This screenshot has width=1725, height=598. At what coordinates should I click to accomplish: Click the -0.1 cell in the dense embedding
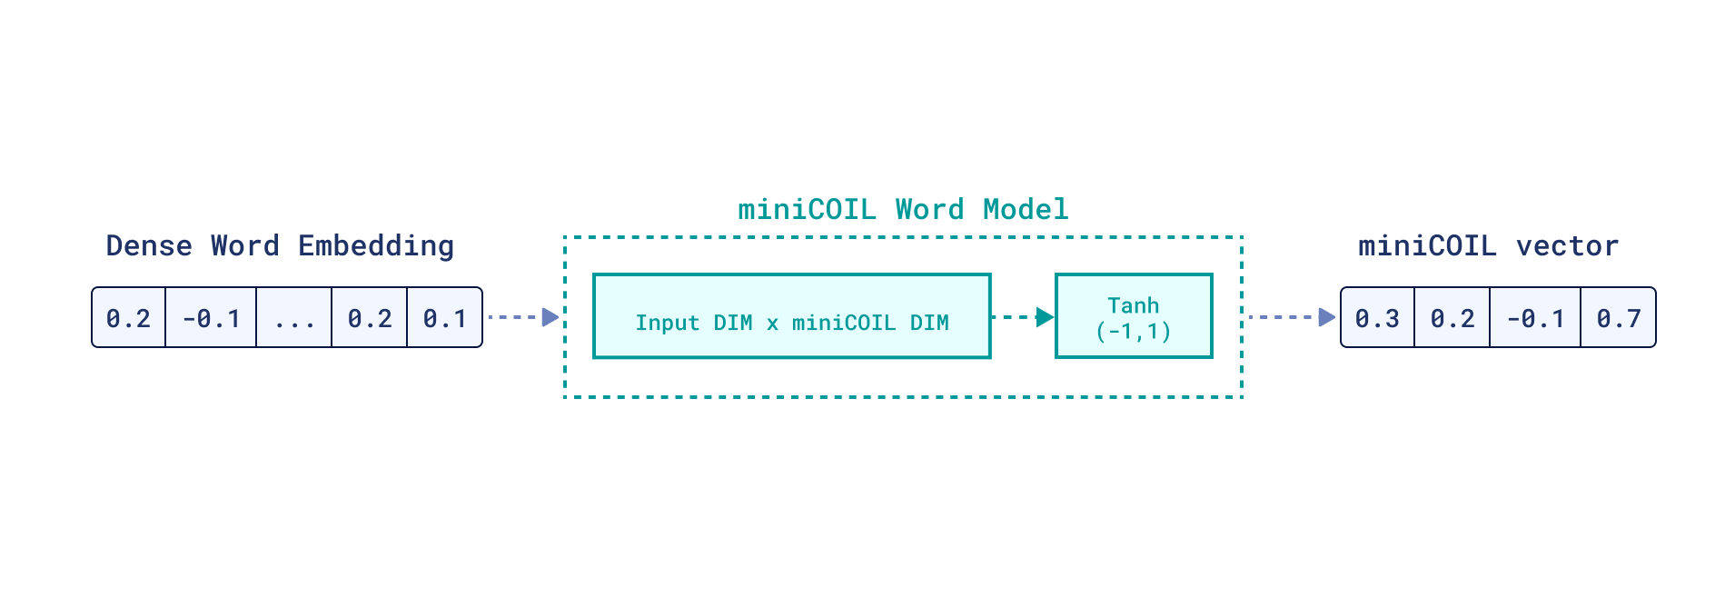[211, 318]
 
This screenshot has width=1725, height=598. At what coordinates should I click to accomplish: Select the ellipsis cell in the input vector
[294, 318]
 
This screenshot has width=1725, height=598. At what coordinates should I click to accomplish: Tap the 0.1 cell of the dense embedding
[445, 318]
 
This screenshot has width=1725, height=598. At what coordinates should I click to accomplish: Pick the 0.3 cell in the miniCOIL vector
[1377, 318]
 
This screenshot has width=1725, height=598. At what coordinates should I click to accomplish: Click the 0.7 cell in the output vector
[1619, 318]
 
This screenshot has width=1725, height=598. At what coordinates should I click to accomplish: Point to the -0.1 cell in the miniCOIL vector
[1535, 318]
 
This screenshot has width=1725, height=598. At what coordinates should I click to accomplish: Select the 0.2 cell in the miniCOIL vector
[1452, 318]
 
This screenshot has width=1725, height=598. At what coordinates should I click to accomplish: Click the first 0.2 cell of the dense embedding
[128, 318]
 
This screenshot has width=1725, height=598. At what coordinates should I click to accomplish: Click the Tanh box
[1134, 316]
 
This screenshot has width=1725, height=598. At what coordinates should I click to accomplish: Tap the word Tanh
[1133, 305]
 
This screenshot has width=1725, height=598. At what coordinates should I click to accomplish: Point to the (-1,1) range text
[1133, 331]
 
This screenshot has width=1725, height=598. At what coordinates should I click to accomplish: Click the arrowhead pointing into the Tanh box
[1046, 317]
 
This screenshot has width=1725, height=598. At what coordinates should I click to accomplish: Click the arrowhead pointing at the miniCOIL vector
[1327, 317]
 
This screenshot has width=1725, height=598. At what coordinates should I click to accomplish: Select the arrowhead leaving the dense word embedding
[550, 317]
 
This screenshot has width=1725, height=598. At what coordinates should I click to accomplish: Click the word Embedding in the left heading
[376, 246]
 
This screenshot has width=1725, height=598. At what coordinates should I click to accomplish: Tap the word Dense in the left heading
[149, 246]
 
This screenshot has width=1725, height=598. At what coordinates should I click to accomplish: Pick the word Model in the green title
[1026, 210]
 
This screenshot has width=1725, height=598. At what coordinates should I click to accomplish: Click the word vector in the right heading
[1567, 246]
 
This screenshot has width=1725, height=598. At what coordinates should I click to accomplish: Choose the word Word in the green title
[929, 210]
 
